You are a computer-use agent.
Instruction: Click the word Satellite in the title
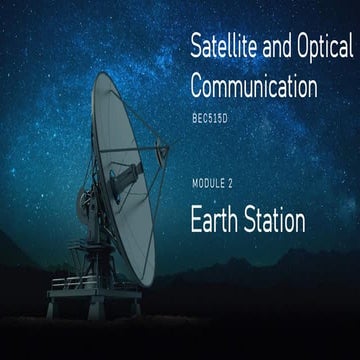click(x=224, y=46)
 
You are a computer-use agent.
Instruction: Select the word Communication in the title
click(x=254, y=85)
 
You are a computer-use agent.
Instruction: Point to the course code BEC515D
click(x=210, y=119)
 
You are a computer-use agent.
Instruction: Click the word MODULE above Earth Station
click(x=208, y=184)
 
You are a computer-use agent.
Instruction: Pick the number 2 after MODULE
click(x=230, y=184)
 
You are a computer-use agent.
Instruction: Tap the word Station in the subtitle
click(x=275, y=220)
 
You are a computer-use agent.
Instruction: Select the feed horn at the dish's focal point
click(x=162, y=151)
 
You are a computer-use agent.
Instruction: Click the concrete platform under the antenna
click(x=94, y=294)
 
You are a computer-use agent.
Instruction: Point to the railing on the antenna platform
click(x=74, y=282)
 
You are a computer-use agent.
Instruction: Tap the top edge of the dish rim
click(x=102, y=73)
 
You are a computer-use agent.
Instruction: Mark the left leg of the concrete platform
click(x=51, y=308)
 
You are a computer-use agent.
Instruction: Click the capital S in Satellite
click(x=197, y=46)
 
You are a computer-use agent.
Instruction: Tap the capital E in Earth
click(x=196, y=219)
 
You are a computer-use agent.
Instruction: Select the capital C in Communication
click(x=197, y=85)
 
